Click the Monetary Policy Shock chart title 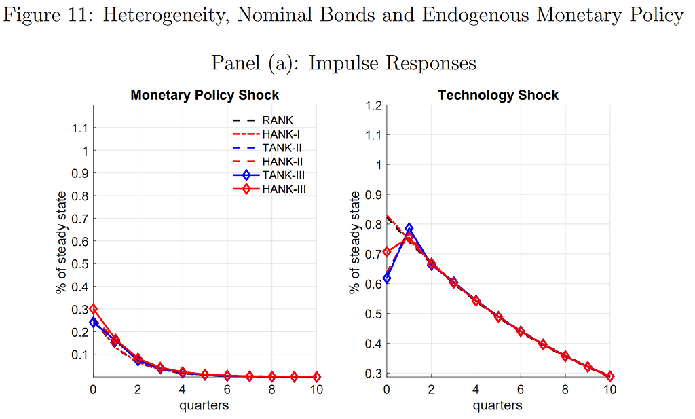204,95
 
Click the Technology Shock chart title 498,95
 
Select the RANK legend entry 277,121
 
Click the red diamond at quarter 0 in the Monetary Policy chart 94,309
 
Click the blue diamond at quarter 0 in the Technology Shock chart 387,278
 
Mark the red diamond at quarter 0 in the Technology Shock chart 387,251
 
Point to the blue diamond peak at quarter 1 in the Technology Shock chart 409,228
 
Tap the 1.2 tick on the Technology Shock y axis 374,105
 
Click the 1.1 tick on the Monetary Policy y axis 79,128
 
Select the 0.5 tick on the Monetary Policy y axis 79,263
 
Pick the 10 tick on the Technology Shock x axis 609,390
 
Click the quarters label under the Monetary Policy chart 204,405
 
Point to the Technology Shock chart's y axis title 354,242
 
